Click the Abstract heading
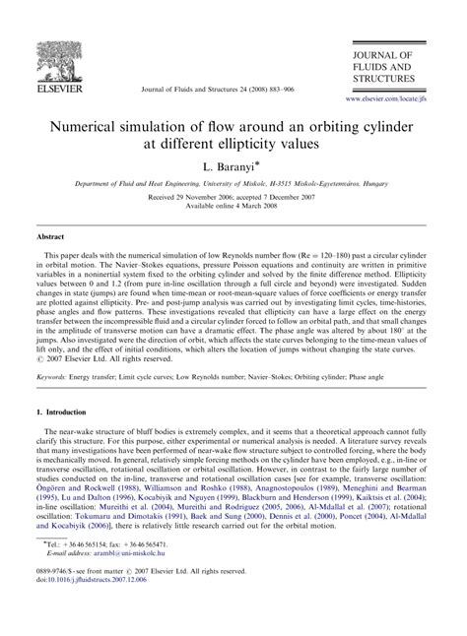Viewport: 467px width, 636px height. [x=51, y=237]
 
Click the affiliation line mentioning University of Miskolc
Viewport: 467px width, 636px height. [x=233, y=183]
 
